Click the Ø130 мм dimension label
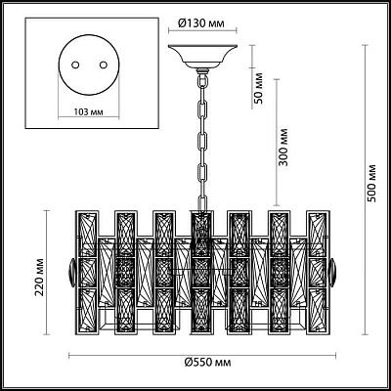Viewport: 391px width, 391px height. (201, 23)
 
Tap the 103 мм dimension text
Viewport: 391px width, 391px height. (88, 112)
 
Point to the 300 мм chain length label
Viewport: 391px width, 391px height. (283, 147)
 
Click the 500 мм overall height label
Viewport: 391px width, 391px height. (371, 184)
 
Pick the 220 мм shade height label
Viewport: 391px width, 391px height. (40, 277)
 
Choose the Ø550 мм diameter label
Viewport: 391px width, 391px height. (207, 362)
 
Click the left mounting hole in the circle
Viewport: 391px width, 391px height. (75, 65)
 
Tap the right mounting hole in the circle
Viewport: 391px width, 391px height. (104, 65)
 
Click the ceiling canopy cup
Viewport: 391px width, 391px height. (202, 56)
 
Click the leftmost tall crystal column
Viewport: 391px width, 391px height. (88, 273)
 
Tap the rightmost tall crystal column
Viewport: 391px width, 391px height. (318, 273)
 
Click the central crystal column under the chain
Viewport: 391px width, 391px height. (201, 273)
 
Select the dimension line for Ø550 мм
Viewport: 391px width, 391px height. (202, 356)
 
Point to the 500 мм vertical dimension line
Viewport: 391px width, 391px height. (365, 190)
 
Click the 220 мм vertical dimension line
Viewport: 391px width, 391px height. (47, 273)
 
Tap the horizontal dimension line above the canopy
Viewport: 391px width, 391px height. (202, 31)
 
